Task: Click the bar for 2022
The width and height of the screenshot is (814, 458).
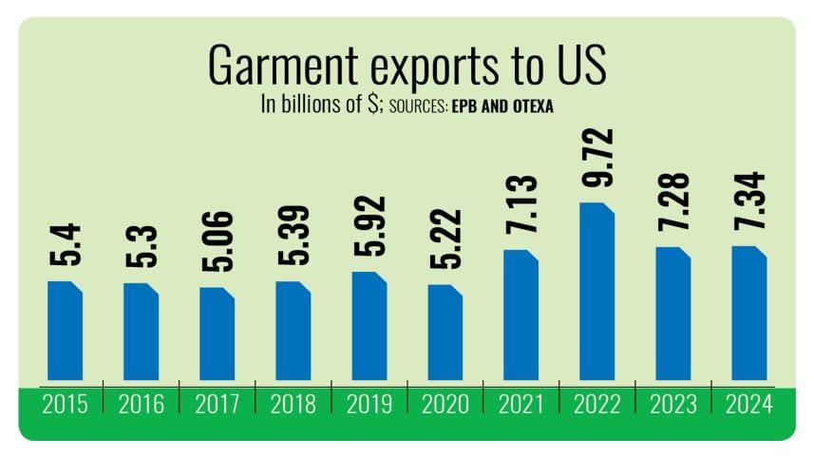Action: pos(596,295)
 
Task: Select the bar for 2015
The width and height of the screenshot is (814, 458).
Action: pos(65,334)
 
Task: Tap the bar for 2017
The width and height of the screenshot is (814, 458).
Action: pos(217,336)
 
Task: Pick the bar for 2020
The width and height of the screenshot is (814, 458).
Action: pos(445,335)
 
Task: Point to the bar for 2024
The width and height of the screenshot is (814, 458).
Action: pos(748,316)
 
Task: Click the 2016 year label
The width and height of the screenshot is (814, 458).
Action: pos(141,405)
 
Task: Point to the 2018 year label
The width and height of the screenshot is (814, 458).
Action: pos(293,405)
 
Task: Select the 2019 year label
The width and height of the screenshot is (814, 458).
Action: pos(369,405)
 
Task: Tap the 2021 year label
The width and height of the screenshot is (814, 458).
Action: pos(521,405)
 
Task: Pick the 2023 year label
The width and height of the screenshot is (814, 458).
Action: pos(672,405)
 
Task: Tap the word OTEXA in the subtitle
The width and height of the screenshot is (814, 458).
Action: pos(528,107)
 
